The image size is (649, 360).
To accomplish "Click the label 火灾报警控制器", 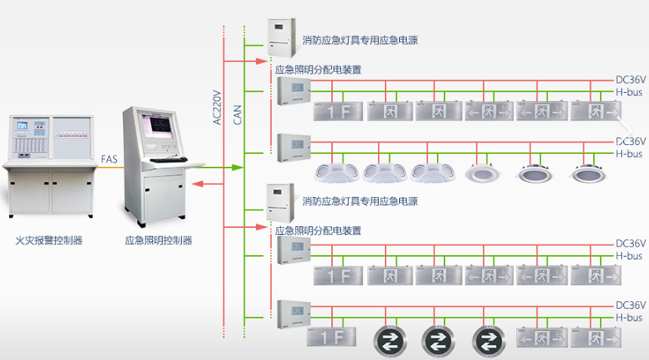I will pos(49,241).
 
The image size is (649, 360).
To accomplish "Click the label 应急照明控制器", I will pos(158,241).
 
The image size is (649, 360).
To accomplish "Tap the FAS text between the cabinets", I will pos(109,159).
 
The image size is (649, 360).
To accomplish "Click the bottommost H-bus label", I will pos(629,318).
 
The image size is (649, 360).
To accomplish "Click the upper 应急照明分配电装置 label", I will pos(318,69).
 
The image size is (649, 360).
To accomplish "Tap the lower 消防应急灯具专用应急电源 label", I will pos(360,202).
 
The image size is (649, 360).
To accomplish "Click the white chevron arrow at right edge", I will pos(623,124).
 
